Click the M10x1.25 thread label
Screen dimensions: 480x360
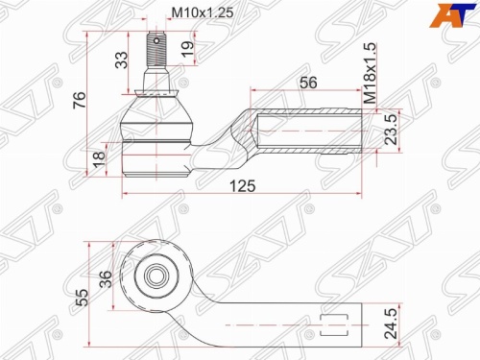203,12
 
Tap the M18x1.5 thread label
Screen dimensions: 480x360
371,73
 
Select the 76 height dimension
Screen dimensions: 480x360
79,100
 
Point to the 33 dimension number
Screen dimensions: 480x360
121,60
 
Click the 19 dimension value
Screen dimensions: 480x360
187,49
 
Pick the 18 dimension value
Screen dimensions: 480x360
99,159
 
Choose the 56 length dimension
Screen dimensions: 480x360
308,83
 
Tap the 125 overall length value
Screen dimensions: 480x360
243,186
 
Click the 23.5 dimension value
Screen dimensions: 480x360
391,130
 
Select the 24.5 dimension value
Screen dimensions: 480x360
391,324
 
